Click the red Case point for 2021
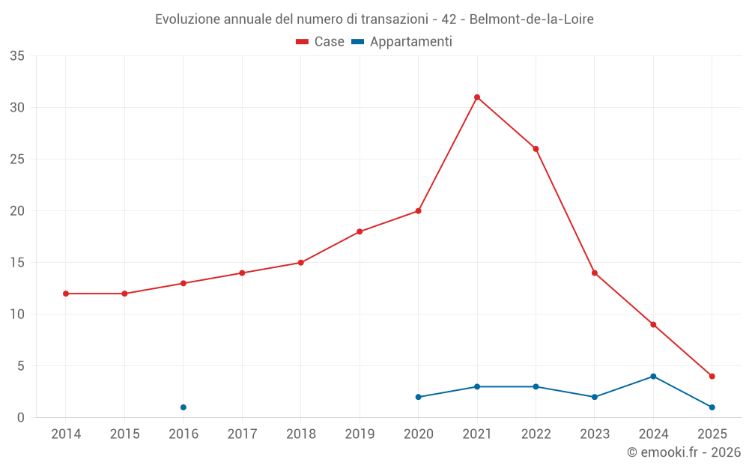pyautogui.click(x=477, y=97)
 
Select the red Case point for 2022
pyautogui.click(x=536, y=149)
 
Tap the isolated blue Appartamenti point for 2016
pyautogui.click(x=184, y=407)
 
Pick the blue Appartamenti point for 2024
pyautogui.click(x=653, y=377)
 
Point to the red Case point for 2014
pyautogui.click(x=66, y=294)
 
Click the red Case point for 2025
pyautogui.click(x=712, y=377)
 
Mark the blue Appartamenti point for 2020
pyautogui.click(x=418, y=397)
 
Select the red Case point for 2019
pyautogui.click(x=360, y=231)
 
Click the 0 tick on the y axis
pyautogui.click(x=21, y=418)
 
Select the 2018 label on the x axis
pyautogui.click(x=300, y=434)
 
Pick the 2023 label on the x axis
pyautogui.click(x=595, y=434)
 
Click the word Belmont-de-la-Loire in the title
pyautogui.click(x=531, y=19)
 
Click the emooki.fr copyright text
pyautogui.click(x=683, y=452)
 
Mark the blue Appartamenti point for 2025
pyautogui.click(x=712, y=407)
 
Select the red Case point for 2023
pyautogui.click(x=595, y=273)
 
